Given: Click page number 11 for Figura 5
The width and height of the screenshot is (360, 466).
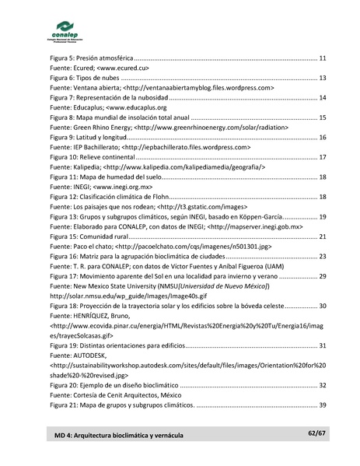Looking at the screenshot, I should click(322, 58).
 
